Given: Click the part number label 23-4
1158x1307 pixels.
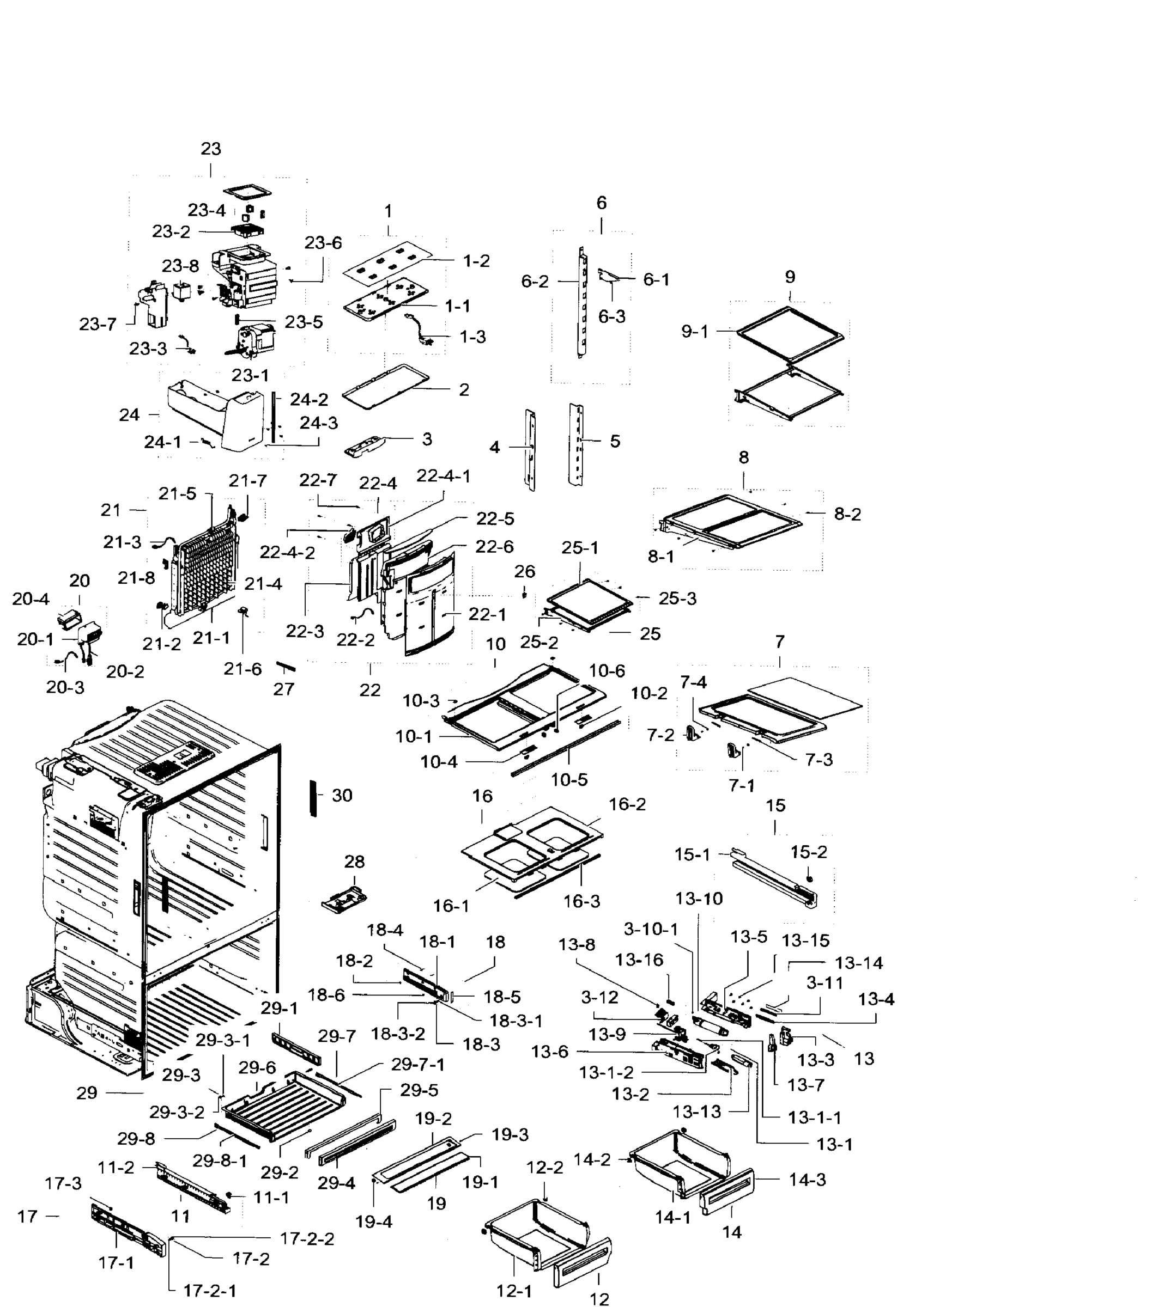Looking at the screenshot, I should coord(206,210).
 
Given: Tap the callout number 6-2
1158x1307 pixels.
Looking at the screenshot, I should coord(534,282).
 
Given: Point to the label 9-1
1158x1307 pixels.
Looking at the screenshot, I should coord(694,332).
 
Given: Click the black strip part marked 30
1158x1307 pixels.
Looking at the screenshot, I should coord(313,797).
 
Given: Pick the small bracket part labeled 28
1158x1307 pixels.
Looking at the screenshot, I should coord(344,900).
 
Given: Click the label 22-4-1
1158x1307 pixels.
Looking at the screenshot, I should coord(444,477).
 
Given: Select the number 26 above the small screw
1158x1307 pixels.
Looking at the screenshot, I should coord(525,572).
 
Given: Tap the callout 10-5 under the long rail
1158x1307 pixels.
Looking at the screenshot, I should coord(569,780).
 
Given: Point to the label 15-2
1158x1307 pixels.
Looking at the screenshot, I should coord(808,852).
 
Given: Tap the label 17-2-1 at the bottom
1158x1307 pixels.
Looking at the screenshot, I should coord(209,1291).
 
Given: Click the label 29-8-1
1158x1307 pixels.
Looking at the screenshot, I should coord(220,1161).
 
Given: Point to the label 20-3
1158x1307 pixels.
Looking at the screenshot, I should coord(65,687).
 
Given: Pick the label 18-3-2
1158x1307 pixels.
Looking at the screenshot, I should coord(398,1034).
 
